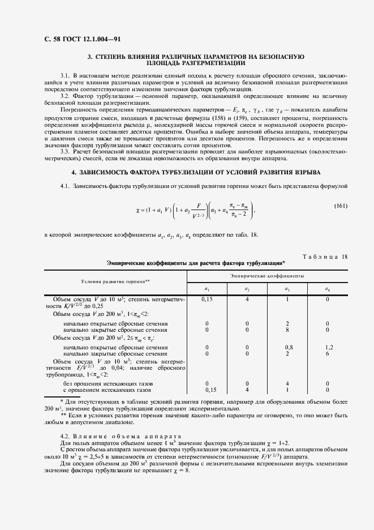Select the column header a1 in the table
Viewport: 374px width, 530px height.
[x=207, y=289]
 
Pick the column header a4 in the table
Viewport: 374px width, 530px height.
[x=328, y=289]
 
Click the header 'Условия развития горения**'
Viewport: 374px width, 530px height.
[x=115, y=281]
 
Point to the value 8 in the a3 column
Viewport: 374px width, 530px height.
[x=288, y=330]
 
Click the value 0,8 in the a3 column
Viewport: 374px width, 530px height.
[x=289, y=347]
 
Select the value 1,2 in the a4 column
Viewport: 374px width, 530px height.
[x=329, y=347]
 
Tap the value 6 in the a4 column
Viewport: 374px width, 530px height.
[x=328, y=353]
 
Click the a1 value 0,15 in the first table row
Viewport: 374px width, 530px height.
[x=207, y=298]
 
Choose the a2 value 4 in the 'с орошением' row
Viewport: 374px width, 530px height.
[x=247, y=390]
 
